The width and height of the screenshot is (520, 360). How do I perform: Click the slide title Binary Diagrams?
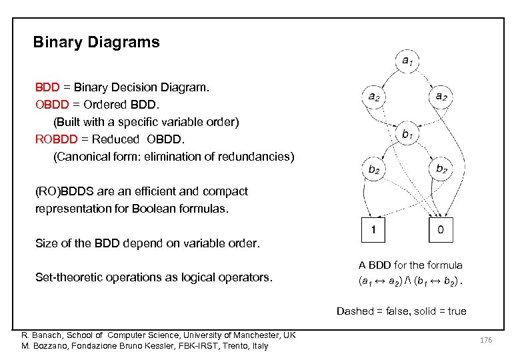pos(97,43)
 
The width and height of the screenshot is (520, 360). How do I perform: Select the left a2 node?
pos(374,96)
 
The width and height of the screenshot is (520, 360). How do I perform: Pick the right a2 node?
pos(441,96)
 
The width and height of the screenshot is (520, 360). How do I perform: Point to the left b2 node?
pos(374,168)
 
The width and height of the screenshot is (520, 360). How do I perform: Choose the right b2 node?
pos(441,168)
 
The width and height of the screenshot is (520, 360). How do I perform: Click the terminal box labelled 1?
pos(374,231)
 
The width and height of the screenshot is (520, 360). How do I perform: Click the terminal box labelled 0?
pos(441,231)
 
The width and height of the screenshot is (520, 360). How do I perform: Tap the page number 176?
pos(487,341)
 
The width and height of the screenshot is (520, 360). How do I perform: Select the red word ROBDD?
pos(57,139)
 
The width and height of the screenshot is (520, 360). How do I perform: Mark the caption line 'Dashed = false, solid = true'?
pos(401,311)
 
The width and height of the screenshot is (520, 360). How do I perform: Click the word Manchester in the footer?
pos(235,334)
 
